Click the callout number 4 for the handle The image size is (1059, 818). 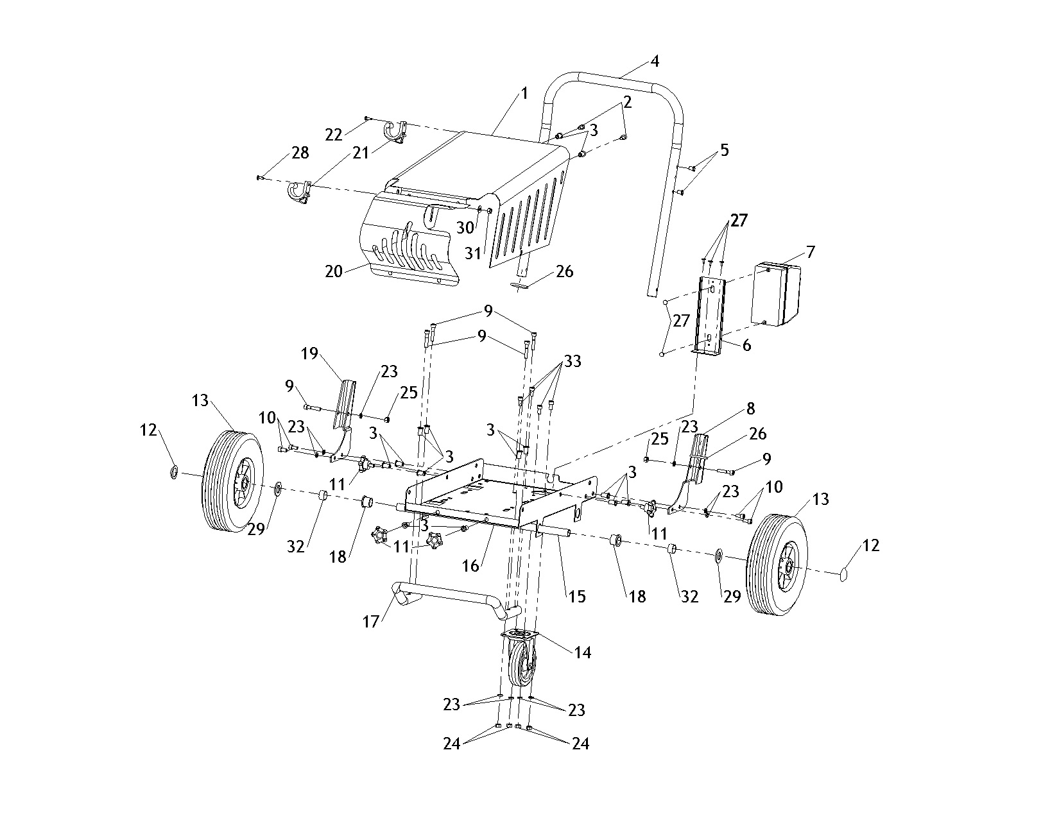click(x=655, y=62)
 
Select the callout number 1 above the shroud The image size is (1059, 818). click(x=524, y=94)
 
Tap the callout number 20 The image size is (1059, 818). click(x=333, y=271)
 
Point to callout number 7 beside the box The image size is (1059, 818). click(x=810, y=251)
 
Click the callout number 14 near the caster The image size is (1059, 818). click(x=583, y=652)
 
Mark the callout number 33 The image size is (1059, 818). click(x=573, y=361)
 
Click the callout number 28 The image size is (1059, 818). click(x=300, y=153)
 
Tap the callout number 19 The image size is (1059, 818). click(x=310, y=354)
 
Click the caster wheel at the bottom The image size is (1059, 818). click(x=522, y=667)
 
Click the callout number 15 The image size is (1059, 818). click(x=576, y=596)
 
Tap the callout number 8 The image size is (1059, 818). click(x=750, y=408)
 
